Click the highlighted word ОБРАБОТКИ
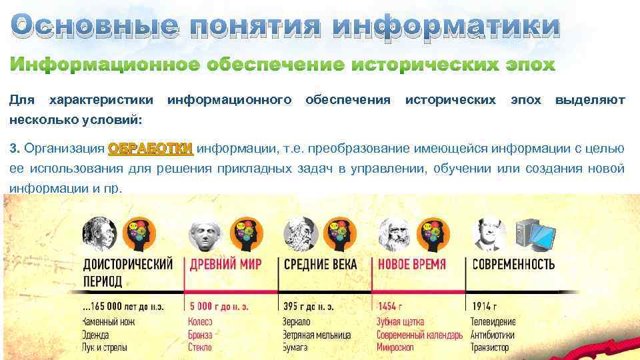point(151,148)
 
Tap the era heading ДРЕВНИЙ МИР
point(225,264)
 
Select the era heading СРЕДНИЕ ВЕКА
point(321,264)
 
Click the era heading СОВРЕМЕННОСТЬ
point(513,264)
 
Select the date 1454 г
point(390,307)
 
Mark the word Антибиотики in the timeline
point(493,334)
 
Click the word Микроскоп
point(395,347)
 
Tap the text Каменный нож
point(109,321)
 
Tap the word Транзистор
point(490,347)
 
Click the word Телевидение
point(493,321)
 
